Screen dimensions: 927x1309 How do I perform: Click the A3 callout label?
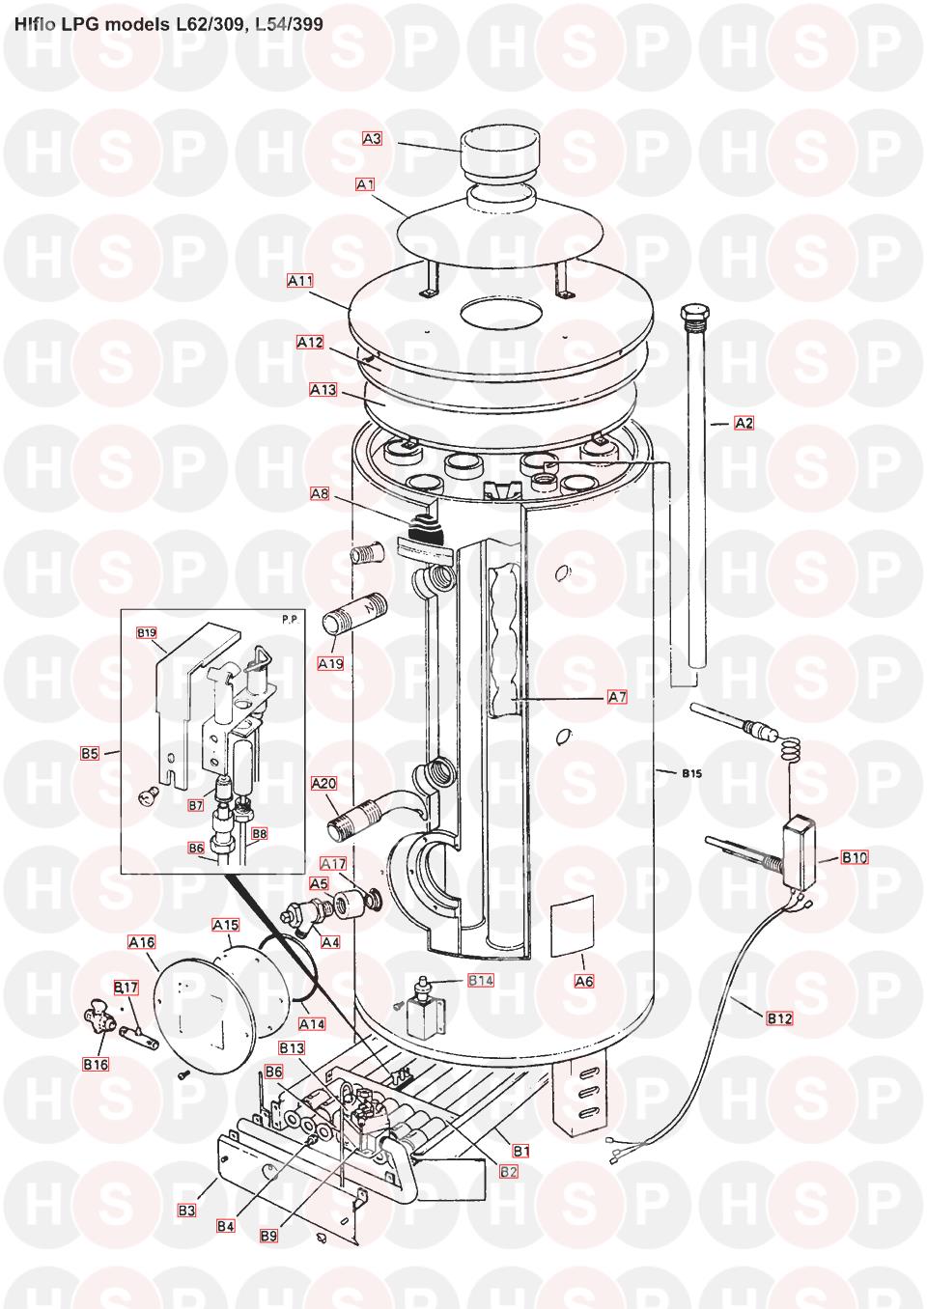tap(372, 138)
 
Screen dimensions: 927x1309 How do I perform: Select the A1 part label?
tap(365, 184)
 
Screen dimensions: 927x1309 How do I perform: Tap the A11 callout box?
tap(300, 281)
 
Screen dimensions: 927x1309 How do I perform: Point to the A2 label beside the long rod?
tap(744, 423)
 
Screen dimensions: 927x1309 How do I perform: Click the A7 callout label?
tap(617, 697)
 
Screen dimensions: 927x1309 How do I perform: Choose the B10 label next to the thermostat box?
tap(855, 858)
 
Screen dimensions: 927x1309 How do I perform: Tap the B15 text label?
tap(692, 773)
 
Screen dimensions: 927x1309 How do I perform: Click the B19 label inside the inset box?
tap(146, 632)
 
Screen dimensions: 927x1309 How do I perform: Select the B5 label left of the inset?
tap(90, 754)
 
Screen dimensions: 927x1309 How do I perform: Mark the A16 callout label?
tap(141, 942)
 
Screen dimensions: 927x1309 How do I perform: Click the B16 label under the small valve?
tap(96, 1064)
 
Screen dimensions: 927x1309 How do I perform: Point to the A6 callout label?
tap(584, 981)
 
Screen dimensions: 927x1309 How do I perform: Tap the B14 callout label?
tap(481, 980)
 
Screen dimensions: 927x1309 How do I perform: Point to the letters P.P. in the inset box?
tap(291, 620)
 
